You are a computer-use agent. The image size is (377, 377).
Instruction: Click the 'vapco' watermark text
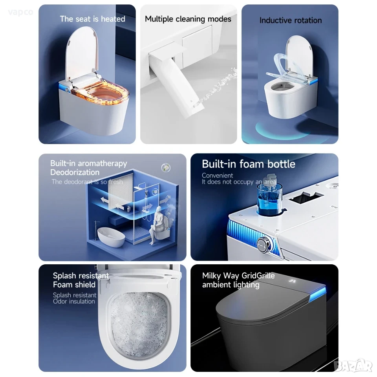pos(20,12)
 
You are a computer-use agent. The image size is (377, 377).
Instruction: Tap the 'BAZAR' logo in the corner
pos(354,366)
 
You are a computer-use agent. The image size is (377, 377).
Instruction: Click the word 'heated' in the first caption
pos(113,19)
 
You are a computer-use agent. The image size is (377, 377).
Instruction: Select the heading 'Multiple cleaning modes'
pos(188,19)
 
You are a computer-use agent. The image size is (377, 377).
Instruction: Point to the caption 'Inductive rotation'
pos(291,20)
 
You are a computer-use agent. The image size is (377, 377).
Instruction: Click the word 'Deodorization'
pos(75,172)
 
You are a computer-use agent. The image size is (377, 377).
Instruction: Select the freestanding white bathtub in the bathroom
pos(111,237)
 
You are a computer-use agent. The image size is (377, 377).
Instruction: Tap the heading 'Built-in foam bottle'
pos(248,164)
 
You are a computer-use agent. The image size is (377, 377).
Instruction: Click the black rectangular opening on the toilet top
pos(306,197)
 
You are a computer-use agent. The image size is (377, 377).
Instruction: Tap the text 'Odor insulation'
pos(74,302)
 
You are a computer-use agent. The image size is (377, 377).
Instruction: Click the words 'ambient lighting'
pos(231,285)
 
